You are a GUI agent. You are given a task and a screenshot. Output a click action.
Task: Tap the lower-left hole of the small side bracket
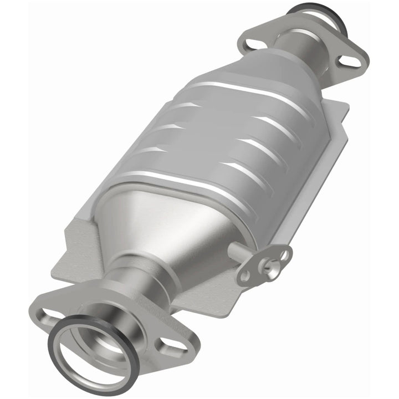[x=244, y=275]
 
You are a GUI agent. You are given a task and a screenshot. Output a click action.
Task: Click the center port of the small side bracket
[x=268, y=267]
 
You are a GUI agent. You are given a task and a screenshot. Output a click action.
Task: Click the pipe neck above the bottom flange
[x=135, y=277]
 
